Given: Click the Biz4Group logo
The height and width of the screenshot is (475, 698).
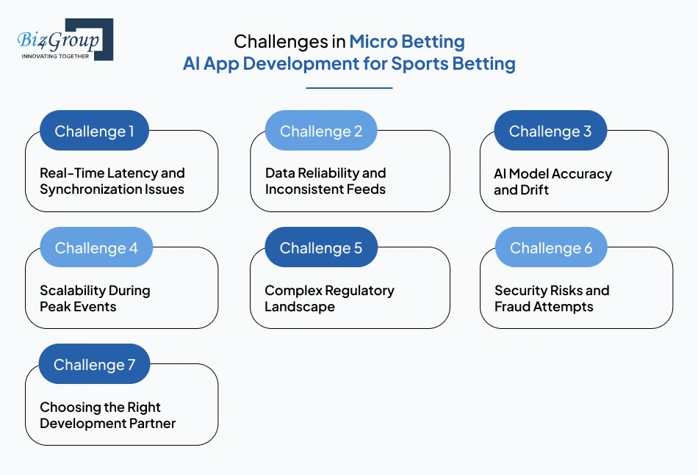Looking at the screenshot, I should pyautogui.click(x=65, y=39).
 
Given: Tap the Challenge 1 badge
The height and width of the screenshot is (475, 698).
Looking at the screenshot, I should pyautogui.click(x=94, y=131).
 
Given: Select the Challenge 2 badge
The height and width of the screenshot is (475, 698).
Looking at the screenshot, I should pyautogui.click(x=320, y=131).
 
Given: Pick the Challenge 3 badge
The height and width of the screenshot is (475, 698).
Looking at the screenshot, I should pyautogui.click(x=550, y=131).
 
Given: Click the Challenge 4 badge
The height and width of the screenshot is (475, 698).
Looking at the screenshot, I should pyautogui.click(x=96, y=248).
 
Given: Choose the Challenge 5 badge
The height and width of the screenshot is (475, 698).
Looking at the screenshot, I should pyautogui.click(x=320, y=248).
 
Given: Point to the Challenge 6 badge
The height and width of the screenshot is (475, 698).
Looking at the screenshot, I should pyautogui.click(x=550, y=248).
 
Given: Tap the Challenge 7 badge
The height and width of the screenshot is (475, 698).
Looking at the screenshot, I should pyautogui.click(x=94, y=365).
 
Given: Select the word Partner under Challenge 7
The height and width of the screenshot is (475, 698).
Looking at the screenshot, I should pyautogui.click(x=150, y=424).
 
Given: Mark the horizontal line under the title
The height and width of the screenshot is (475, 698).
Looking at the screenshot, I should pyautogui.click(x=349, y=88).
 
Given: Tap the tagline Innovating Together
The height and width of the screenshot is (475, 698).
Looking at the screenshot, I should pyautogui.click(x=55, y=56).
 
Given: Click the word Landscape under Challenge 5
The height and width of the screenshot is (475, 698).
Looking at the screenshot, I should pyautogui.click(x=299, y=307).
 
